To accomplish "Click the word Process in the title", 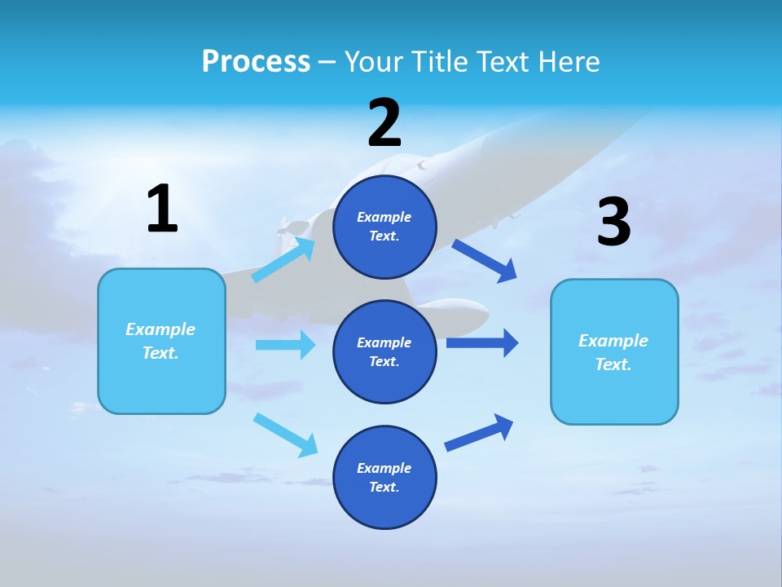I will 256,62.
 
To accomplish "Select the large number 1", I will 162,209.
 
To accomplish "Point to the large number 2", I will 384,123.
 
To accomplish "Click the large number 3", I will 613,223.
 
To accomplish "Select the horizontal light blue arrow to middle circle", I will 285,345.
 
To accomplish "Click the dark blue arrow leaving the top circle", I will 485,260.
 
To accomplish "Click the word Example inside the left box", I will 160,329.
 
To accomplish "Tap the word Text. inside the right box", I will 613,364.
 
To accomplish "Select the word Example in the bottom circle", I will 384,468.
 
